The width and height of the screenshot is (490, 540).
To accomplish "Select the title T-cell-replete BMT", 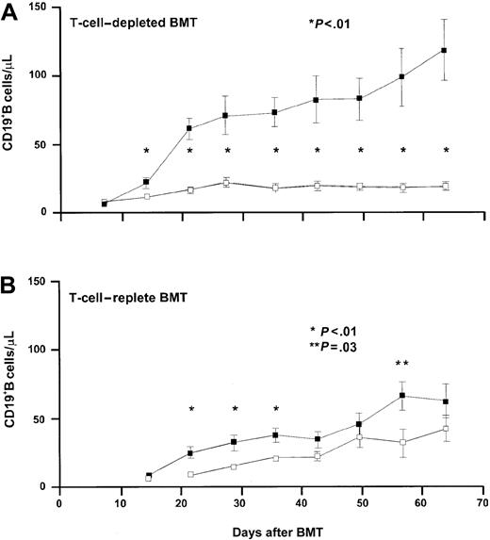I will (117, 295).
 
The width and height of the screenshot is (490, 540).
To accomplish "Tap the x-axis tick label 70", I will (482, 503).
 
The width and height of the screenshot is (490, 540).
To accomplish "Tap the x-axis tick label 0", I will (58, 503).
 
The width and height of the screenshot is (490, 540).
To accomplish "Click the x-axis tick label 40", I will (302, 503).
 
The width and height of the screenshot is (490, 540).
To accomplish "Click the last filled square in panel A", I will (444, 50).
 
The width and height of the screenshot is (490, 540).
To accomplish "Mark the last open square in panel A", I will (444, 187).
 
